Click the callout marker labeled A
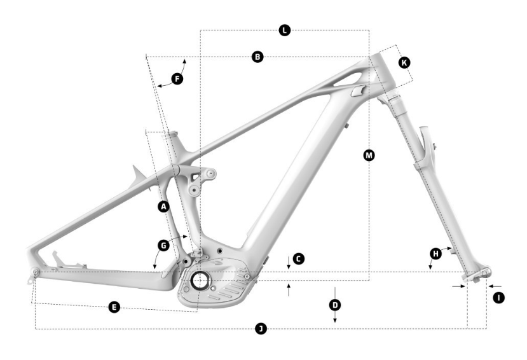pyautogui.click(x=163, y=207)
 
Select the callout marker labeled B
pyautogui.click(x=257, y=57)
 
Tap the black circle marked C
pyautogui.click(x=299, y=259)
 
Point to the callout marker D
pyautogui.click(x=335, y=305)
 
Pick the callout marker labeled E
pyautogui.click(x=114, y=307)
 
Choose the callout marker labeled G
pyautogui.click(x=163, y=245)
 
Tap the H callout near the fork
pyautogui.click(x=435, y=253)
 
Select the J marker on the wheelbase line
pyautogui.click(x=260, y=328)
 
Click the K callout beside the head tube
pyautogui.click(x=404, y=62)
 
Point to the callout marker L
pyautogui.click(x=285, y=30)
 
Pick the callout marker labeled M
pyautogui.click(x=369, y=155)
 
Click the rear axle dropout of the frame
pyautogui.click(x=35, y=273)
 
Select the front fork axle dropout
pyautogui.click(x=478, y=275)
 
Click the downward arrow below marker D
pyautogui.click(x=335, y=321)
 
